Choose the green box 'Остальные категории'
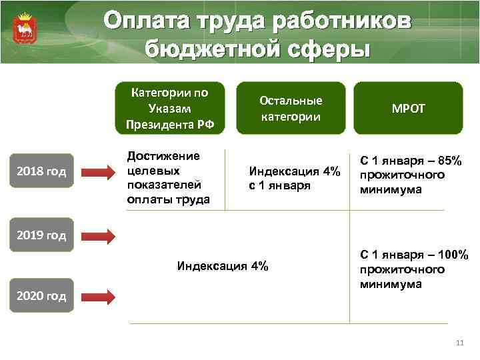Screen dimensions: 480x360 coord(291,108)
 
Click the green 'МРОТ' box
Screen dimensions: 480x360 coord(408,108)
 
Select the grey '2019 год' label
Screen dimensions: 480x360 coord(42,235)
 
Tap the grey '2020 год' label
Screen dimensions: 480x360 coord(42,296)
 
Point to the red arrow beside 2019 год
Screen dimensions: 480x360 coord(99,235)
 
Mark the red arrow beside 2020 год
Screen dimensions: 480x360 coord(99,295)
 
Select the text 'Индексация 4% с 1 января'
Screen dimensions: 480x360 coord(294,179)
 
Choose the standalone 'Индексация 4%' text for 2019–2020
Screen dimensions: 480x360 coord(223,266)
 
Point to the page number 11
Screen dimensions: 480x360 coord(458,343)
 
